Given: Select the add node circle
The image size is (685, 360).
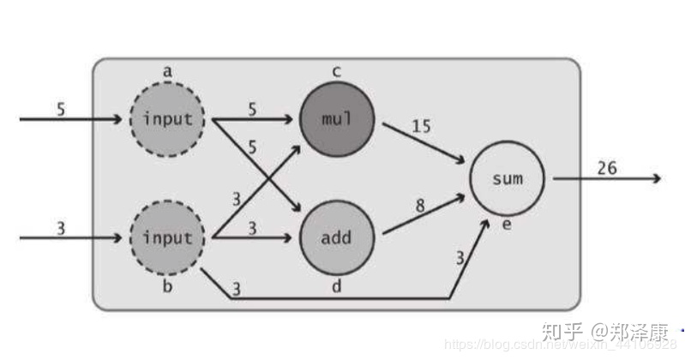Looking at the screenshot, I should [x=336, y=237].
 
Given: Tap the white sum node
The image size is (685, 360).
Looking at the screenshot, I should [x=507, y=178].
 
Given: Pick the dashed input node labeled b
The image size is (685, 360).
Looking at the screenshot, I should [x=167, y=237].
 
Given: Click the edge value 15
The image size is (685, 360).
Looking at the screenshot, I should [x=420, y=126].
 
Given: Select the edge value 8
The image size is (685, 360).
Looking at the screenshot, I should [x=420, y=207].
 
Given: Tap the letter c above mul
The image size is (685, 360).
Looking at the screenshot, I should [x=336, y=72].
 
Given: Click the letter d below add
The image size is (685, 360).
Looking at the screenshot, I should [x=336, y=285].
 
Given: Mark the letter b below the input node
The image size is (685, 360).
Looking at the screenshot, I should [x=167, y=285].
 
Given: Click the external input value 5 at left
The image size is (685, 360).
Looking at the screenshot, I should [x=60, y=109].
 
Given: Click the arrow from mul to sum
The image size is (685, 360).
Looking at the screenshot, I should [x=423, y=141].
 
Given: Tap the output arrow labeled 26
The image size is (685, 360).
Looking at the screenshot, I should [x=604, y=179].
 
